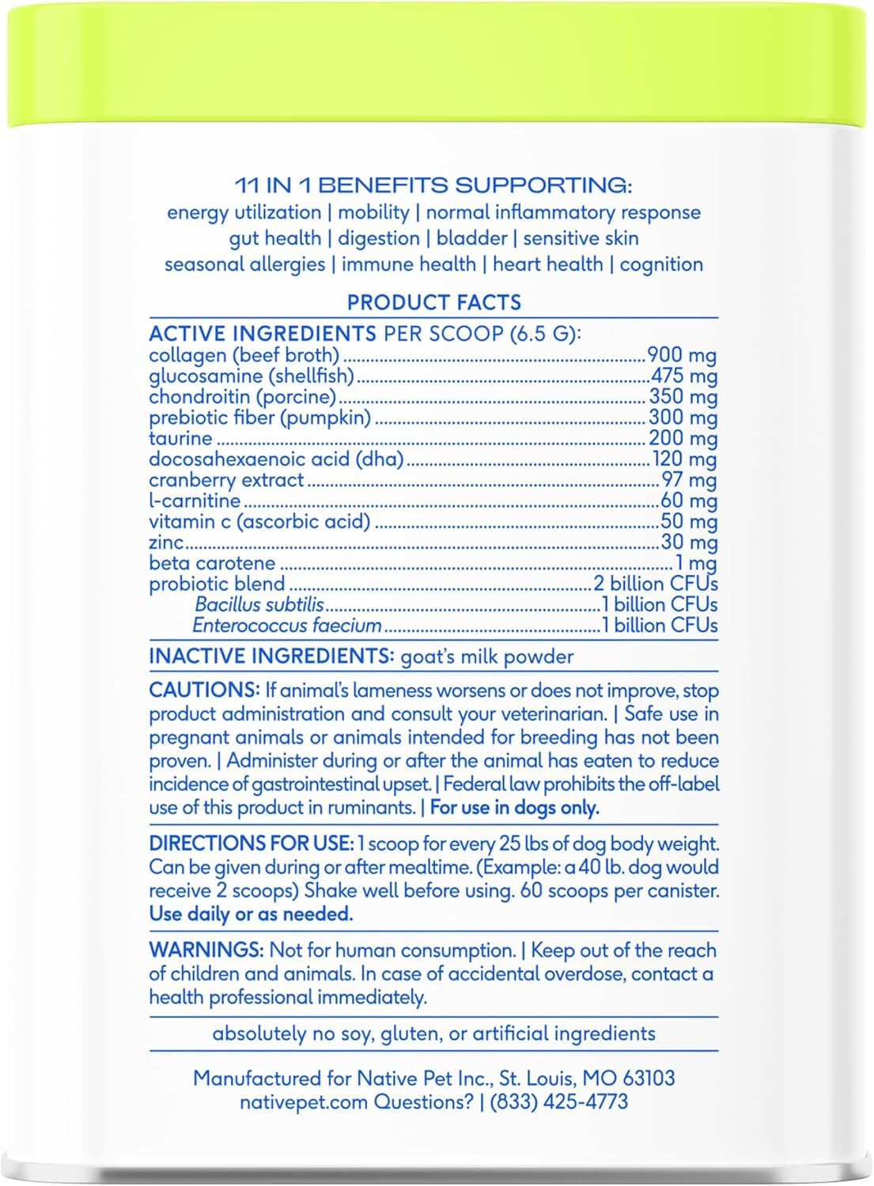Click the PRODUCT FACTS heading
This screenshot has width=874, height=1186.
(x=433, y=303)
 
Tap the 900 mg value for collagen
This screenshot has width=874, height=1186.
(x=682, y=355)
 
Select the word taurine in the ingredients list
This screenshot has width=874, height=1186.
(x=180, y=438)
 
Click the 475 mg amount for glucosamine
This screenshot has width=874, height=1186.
(x=683, y=376)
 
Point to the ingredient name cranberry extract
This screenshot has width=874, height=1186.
(x=226, y=480)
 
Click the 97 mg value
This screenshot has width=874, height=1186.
(x=689, y=480)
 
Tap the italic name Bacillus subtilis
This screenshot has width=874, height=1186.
(x=259, y=605)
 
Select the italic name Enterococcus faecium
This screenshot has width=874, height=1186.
(x=287, y=625)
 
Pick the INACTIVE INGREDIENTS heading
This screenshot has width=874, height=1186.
(x=271, y=657)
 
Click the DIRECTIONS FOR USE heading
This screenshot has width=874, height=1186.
(x=251, y=844)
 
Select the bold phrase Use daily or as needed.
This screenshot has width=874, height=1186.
(x=251, y=914)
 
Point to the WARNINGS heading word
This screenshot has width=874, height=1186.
(x=206, y=950)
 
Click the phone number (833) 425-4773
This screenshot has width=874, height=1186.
(x=559, y=1101)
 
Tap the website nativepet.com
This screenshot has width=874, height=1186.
(x=304, y=1101)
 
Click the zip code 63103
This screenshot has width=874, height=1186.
(x=648, y=1078)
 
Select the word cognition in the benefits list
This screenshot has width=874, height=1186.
(x=661, y=264)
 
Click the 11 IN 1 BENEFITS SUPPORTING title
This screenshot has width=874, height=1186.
(x=433, y=186)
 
